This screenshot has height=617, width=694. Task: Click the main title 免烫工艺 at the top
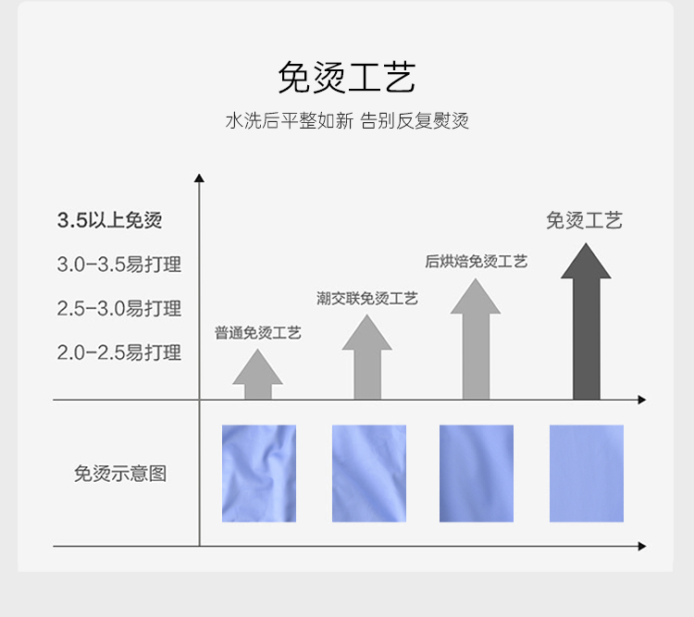(346, 78)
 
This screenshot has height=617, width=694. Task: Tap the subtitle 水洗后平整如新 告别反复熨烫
(346, 121)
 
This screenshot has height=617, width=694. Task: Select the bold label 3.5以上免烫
(109, 220)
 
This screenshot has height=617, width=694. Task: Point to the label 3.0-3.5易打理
(118, 265)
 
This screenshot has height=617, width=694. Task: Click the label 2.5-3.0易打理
(118, 308)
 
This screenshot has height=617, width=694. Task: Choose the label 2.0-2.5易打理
(118, 352)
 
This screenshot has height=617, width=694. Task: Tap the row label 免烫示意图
(120, 474)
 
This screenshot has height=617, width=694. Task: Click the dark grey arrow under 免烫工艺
(586, 324)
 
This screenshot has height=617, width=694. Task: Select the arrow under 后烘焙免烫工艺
(476, 342)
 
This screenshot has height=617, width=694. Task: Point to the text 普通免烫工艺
(258, 333)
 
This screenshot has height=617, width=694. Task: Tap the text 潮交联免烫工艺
(367, 298)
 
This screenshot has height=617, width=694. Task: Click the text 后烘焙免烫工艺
(476, 262)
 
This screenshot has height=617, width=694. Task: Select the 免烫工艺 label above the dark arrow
(584, 220)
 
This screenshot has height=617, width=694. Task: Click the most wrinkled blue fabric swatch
(259, 474)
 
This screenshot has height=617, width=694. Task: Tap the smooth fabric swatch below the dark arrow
(587, 474)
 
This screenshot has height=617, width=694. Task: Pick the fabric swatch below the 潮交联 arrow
(368, 474)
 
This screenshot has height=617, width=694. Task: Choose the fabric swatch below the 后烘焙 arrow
(477, 474)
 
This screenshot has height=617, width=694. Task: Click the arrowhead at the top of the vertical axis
(199, 178)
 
